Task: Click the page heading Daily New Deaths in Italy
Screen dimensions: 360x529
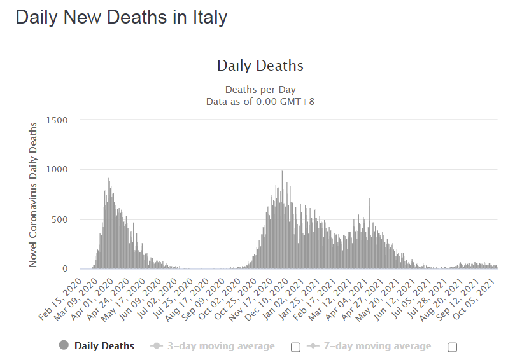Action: coord(121,18)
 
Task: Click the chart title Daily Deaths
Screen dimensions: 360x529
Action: coord(260,66)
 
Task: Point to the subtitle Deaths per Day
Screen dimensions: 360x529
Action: coord(260,90)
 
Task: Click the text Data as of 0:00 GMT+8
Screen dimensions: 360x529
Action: coord(260,101)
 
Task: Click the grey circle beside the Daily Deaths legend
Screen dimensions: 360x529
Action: coord(64,345)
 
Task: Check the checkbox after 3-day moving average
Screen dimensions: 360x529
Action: coord(295,347)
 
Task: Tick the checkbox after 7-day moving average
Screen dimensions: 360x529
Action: coord(452,347)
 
